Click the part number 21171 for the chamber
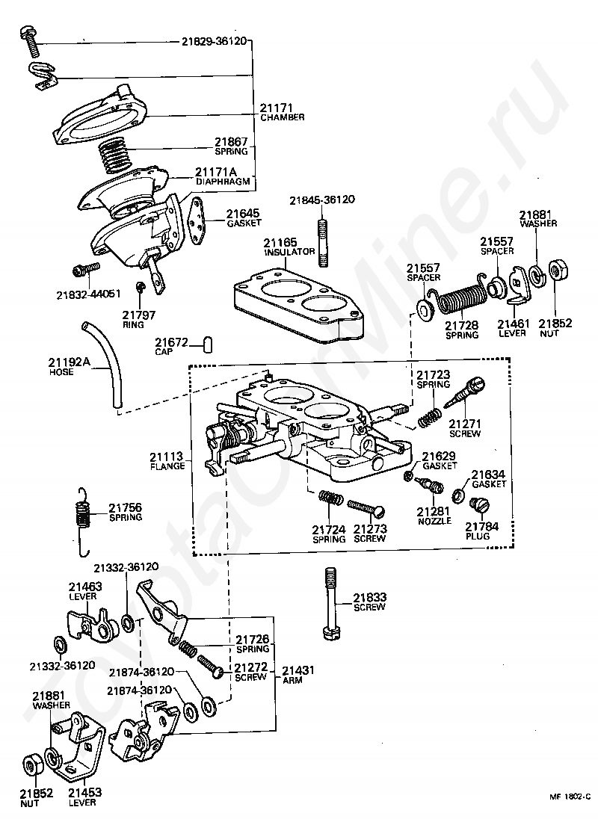(x=276, y=108)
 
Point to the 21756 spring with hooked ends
(x=81, y=521)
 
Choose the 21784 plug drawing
(x=479, y=506)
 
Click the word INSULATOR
(x=289, y=252)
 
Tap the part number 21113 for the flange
(x=167, y=456)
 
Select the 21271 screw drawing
(x=465, y=393)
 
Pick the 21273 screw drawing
(x=366, y=507)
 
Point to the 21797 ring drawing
(x=140, y=287)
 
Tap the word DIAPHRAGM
(x=223, y=182)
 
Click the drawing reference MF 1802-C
(x=570, y=812)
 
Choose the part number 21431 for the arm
(x=298, y=670)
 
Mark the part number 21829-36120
(x=215, y=41)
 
